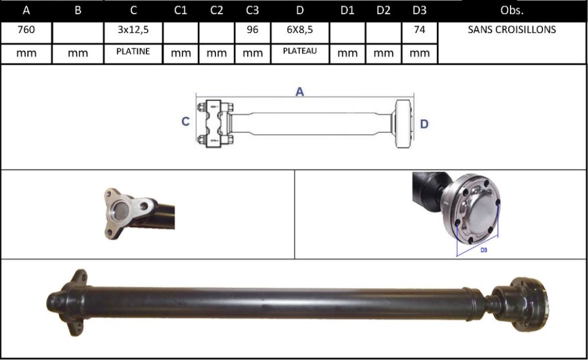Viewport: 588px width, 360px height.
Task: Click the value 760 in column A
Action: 26,30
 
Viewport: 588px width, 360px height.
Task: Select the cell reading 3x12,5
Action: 133,30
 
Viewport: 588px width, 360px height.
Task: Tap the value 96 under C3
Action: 252,30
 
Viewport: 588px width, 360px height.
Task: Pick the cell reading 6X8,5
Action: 300,30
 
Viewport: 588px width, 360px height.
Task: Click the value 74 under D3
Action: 419,30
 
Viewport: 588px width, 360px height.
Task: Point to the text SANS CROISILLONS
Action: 512,30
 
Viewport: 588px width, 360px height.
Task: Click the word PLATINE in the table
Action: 133,51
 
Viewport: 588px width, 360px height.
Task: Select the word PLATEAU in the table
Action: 300,51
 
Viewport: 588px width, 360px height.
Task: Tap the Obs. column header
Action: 512,10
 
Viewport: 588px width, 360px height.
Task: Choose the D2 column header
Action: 383,10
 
